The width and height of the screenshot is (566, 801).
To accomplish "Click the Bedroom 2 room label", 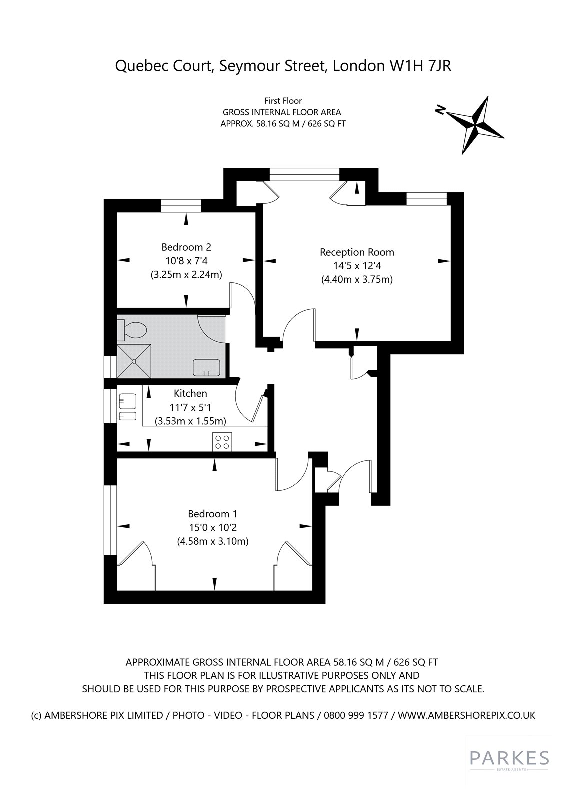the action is [x=186, y=247].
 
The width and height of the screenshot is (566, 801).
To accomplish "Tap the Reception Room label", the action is [x=357, y=252].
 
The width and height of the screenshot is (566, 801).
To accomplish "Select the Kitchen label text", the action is [x=190, y=393].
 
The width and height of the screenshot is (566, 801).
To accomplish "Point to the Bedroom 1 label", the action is [x=212, y=514].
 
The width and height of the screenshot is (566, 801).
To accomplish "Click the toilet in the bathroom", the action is [x=132, y=329].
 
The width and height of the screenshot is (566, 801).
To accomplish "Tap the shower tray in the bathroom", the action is [x=134, y=361].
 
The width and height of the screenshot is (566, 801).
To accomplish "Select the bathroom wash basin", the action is [x=206, y=367].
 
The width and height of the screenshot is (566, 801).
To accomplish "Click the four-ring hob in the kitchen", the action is [x=222, y=441].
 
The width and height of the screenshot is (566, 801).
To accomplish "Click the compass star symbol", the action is [x=476, y=124].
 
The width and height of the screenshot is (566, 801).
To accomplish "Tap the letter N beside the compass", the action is [x=440, y=110].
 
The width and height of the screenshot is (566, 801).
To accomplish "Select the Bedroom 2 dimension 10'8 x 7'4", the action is [x=186, y=261].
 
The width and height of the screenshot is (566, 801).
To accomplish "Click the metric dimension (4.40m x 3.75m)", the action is [x=357, y=279].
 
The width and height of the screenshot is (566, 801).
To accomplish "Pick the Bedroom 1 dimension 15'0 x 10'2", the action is [x=213, y=527].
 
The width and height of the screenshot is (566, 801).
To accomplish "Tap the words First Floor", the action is [x=283, y=101].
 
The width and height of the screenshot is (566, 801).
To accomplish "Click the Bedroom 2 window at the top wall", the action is [x=181, y=206].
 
